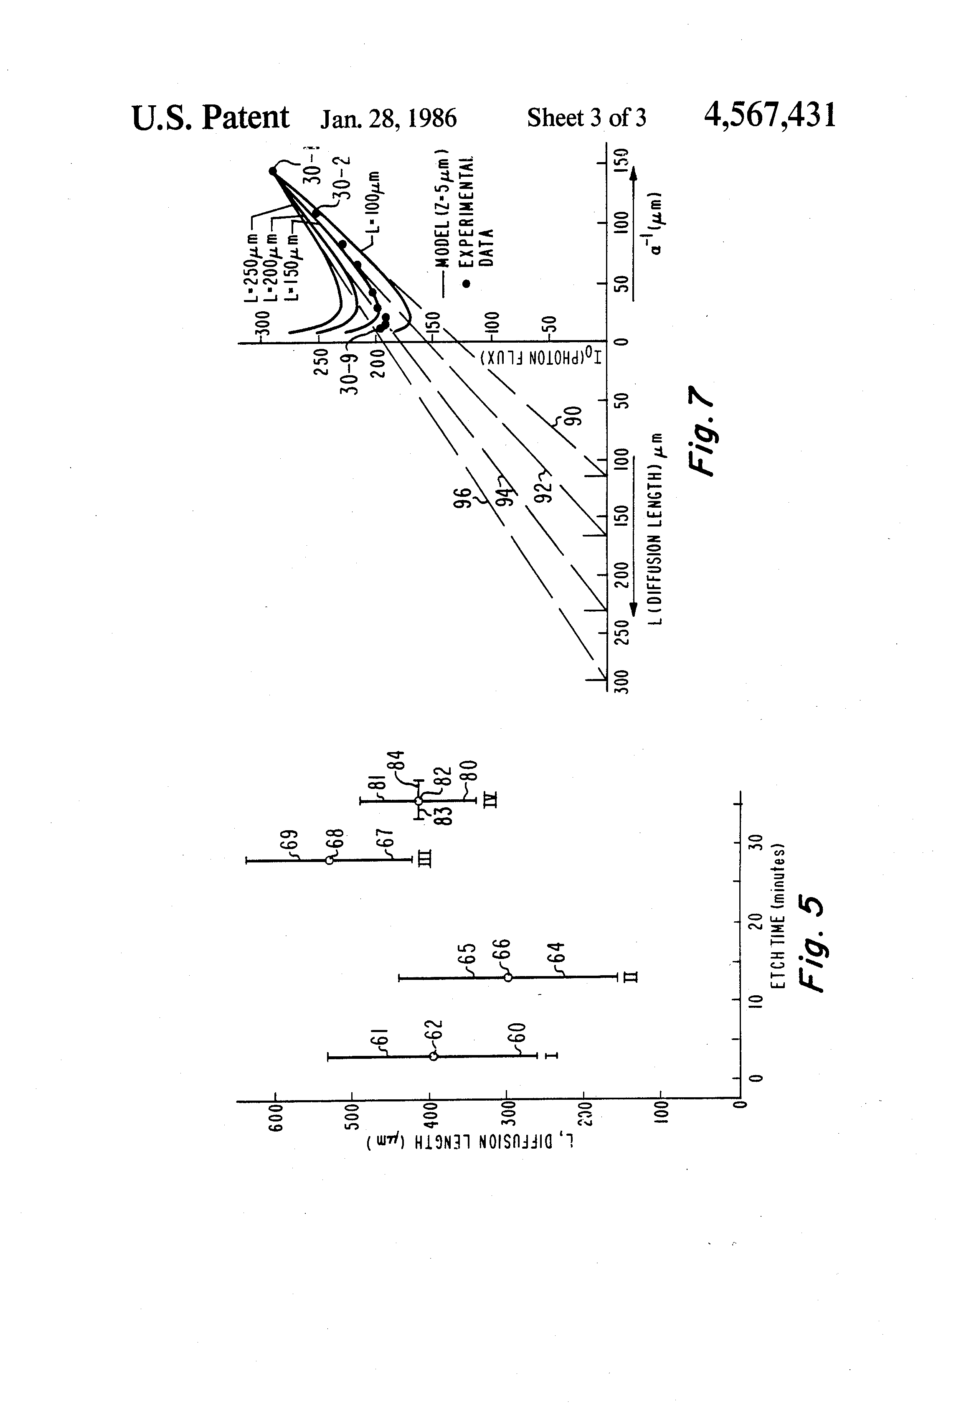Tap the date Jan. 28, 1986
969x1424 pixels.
point(388,118)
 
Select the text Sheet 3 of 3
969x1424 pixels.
point(586,118)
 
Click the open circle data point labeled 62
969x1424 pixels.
point(434,1056)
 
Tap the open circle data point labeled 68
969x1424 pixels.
point(330,860)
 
